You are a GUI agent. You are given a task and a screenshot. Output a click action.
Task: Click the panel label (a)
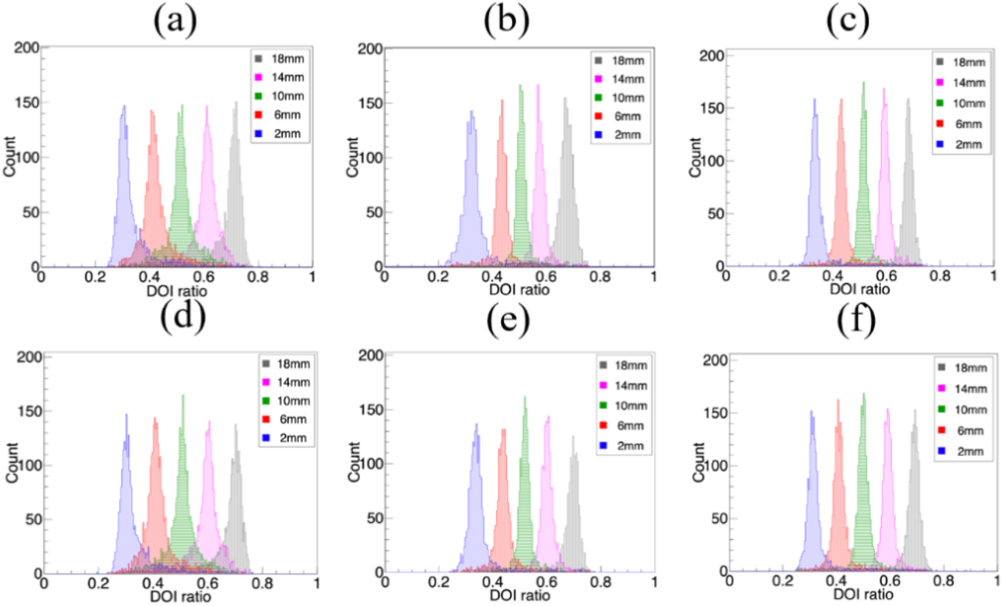click(175, 21)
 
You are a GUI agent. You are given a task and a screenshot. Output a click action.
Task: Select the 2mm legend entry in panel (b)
click(620, 135)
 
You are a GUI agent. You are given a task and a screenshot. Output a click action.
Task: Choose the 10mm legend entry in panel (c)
click(962, 103)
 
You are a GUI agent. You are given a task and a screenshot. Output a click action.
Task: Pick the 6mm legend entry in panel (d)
click(285, 420)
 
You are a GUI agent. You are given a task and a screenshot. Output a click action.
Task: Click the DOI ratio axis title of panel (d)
click(180, 597)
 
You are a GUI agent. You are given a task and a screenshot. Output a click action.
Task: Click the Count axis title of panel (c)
click(695, 157)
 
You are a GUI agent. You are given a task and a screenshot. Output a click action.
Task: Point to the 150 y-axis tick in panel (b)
click(370, 103)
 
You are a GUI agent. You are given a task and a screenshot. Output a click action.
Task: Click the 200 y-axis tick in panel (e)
click(370, 355)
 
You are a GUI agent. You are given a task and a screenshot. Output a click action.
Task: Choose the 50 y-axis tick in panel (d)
click(33, 519)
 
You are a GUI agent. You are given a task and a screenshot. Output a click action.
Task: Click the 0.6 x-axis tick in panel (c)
click(886, 276)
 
